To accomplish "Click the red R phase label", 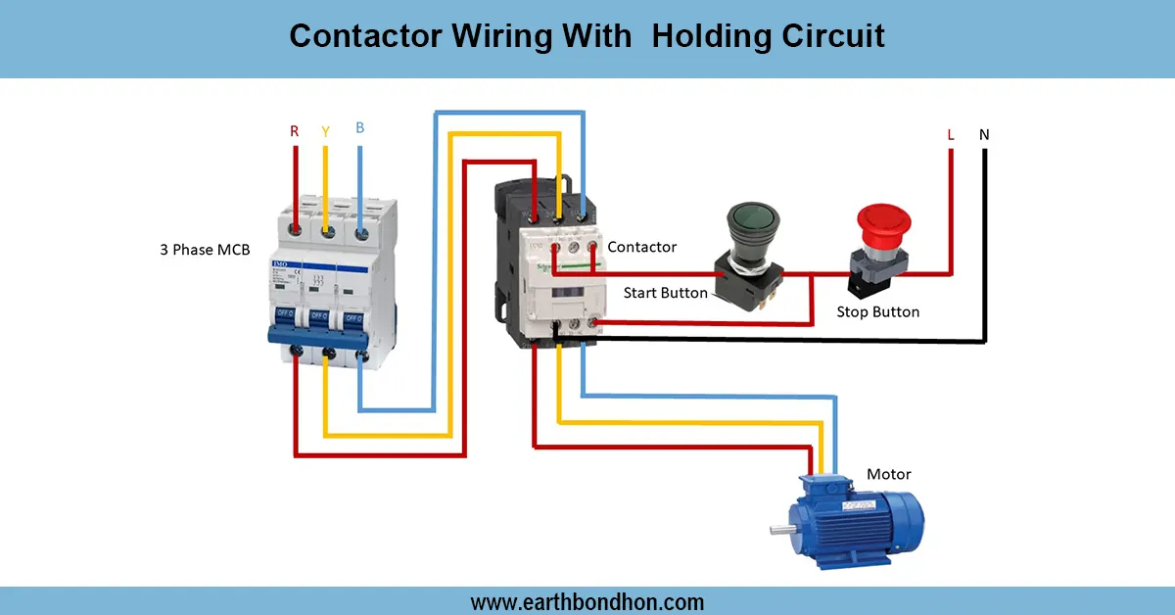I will click(294, 130).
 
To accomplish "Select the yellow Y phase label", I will click(325, 130).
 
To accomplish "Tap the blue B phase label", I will click(360, 127).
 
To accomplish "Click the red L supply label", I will click(950, 134).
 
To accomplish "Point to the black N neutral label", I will click(984, 134).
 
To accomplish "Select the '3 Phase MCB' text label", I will click(205, 250).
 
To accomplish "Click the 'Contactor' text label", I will click(641, 247).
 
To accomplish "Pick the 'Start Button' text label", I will click(665, 293).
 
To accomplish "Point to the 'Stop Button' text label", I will click(878, 311).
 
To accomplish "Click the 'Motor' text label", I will click(888, 474).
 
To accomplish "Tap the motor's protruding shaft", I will click(781, 531).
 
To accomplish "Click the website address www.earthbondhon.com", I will click(587, 601).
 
